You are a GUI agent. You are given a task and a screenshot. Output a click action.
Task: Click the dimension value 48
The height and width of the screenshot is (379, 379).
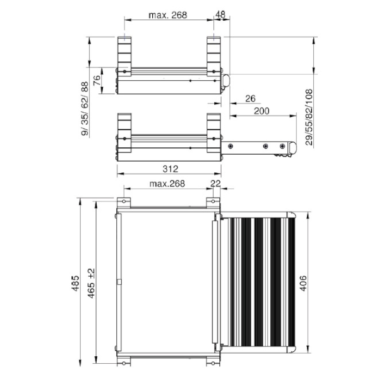220,15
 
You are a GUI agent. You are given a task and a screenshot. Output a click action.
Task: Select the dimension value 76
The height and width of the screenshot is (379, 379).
97,80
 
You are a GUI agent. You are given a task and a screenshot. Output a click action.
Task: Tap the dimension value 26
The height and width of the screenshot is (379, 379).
250,99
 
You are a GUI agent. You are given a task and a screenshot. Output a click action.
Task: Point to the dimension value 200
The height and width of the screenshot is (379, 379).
262,111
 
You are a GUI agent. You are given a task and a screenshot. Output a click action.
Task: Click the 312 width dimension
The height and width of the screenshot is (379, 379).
171,169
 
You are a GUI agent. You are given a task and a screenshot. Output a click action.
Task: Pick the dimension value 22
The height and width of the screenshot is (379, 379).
215,183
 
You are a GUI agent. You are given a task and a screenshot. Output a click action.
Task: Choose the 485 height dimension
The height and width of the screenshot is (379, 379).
76,283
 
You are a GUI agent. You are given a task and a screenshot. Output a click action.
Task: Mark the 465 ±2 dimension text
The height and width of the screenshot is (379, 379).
91,283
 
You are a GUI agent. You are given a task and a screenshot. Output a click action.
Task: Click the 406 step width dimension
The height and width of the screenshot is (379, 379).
303,283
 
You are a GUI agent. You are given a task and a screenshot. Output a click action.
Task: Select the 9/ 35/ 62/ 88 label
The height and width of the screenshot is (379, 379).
85,109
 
